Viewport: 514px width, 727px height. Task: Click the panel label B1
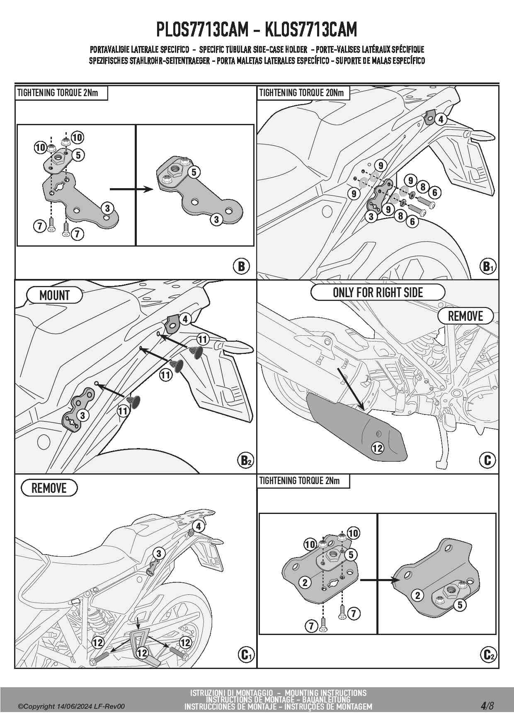[487, 266]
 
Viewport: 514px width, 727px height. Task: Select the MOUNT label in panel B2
[54, 296]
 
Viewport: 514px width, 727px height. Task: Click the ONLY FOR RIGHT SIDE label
[378, 292]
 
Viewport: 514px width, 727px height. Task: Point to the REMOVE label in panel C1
[49, 488]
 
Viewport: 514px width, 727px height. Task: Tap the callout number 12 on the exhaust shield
[378, 448]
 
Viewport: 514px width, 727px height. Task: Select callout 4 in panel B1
[441, 119]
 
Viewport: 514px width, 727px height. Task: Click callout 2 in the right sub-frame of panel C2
[418, 595]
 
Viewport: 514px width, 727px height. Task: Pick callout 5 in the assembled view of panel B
[194, 172]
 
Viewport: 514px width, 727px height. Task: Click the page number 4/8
[487, 705]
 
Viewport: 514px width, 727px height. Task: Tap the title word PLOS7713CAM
[202, 29]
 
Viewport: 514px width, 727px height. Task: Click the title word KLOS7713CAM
[310, 29]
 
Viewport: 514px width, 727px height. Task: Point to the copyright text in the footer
[71, 706]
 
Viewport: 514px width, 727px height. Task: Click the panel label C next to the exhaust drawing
[487, 460]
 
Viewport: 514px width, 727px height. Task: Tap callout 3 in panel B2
[82, 415]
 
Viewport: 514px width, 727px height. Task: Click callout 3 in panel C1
[158, 553]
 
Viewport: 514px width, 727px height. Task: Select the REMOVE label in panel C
[466, 316]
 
